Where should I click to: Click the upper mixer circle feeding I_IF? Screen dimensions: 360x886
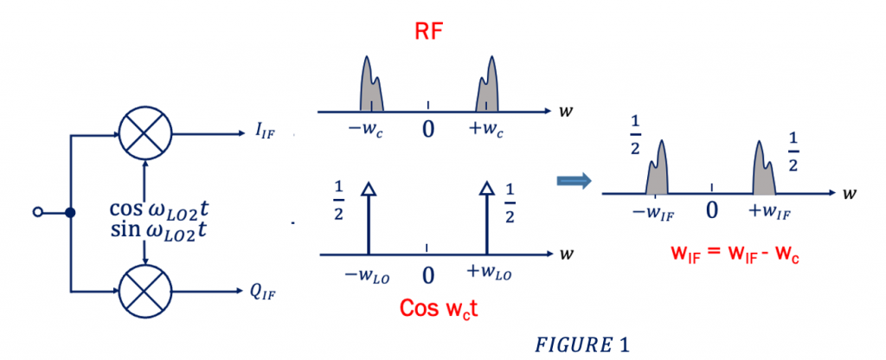pos(144,135)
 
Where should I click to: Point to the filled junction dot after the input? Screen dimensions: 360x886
pos(71,212)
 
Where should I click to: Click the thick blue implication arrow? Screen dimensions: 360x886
pos(575,181)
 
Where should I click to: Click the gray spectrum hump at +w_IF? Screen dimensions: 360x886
pos(765,168)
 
